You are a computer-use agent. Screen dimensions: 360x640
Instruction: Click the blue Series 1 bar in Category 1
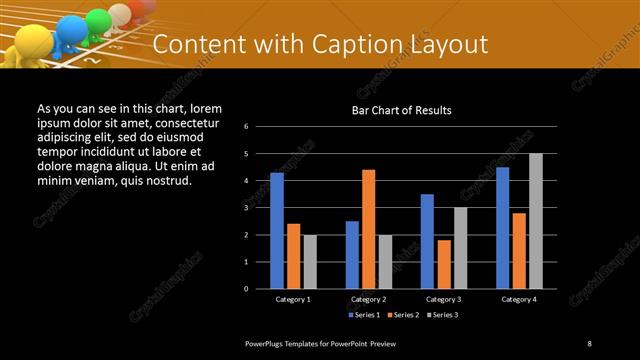tap(277, 230)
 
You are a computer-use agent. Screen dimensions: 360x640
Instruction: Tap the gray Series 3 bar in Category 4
tap(535, 221)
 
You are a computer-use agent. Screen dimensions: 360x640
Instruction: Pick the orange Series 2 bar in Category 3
tap(443, 264)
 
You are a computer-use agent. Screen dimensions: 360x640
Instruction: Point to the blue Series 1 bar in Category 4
tap(502, 228)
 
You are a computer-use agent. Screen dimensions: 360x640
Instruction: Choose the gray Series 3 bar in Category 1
tap(310, 261)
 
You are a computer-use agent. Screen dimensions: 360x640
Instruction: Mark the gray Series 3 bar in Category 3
tap(460, 248)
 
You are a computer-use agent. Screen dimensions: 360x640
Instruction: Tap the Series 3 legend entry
tap(443, 315)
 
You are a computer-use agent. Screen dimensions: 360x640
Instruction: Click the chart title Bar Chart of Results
tap(402, 109)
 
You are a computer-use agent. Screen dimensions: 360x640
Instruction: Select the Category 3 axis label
tap(443, 299)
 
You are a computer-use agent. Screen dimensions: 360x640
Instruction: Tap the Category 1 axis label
tap(293, 299)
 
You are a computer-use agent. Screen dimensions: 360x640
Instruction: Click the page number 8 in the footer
tap(589, 343)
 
